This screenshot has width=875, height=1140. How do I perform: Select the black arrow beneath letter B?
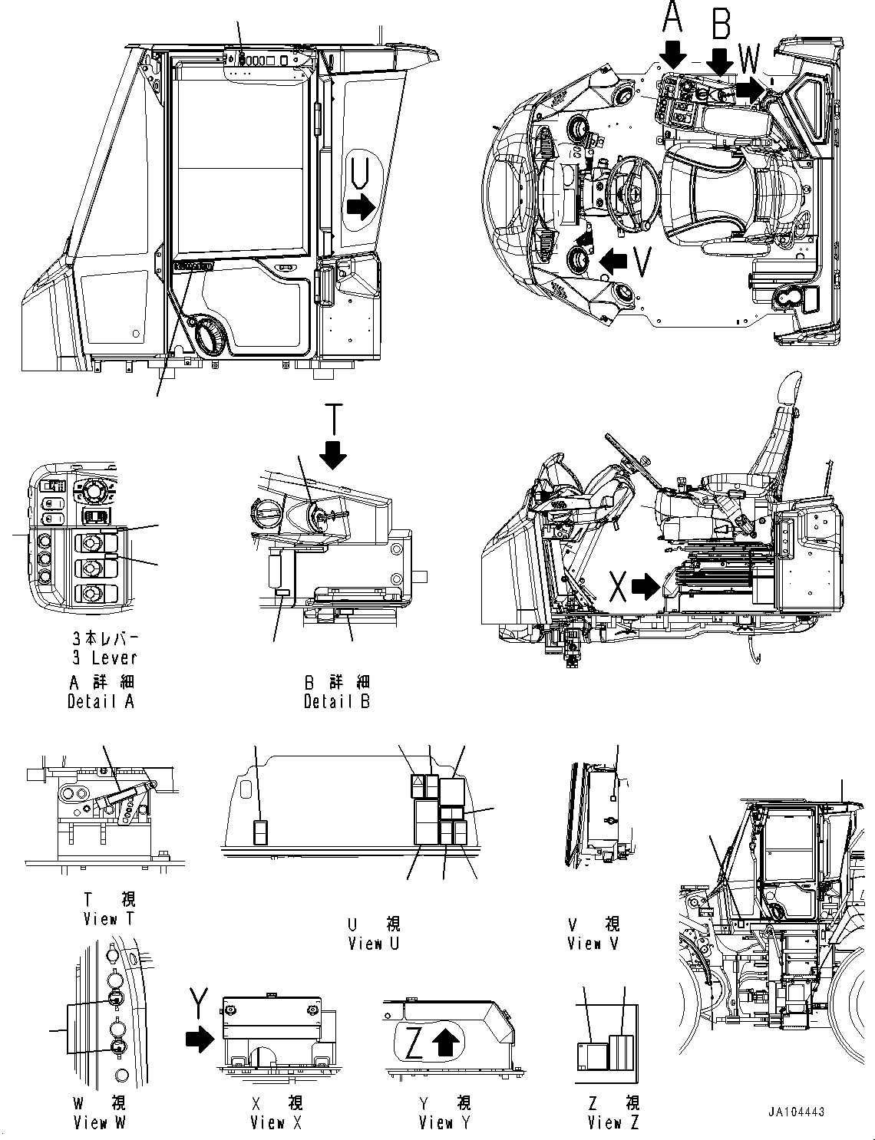pos(721,61)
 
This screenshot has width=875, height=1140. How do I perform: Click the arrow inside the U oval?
pos(360,206)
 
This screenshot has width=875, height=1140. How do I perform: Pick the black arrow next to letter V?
pos(612,262)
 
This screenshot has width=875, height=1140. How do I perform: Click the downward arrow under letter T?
pos(333,453)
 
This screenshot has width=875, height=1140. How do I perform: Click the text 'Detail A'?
pos(101,701)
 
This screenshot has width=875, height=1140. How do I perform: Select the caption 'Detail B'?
pos(337,701)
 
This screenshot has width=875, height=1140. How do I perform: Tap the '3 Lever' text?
pos(103,657)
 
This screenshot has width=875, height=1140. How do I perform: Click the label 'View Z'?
pos(612,1123)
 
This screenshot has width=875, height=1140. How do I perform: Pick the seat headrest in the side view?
pos(788,392)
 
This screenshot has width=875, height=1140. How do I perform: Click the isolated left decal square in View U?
pos(261,832)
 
